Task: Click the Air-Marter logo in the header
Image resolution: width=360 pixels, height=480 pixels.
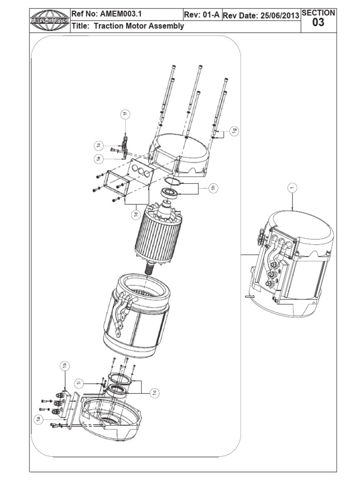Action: (x=49, y=20)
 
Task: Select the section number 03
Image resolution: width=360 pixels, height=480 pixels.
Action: (x=318, y=22)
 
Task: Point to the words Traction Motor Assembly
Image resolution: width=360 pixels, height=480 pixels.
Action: (x=139, y=26)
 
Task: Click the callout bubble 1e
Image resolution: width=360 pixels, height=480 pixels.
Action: (x=99, y=158)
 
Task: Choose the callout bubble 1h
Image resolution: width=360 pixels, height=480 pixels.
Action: (x=213, y=188)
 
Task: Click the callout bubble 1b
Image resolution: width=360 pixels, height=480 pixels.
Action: (x=66, y=366)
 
